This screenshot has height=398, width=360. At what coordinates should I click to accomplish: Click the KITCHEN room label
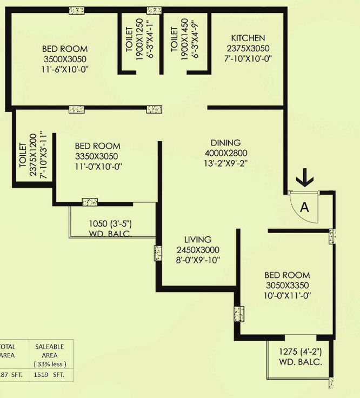(248, 38)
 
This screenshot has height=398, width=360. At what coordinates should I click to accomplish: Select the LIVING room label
(197, 240)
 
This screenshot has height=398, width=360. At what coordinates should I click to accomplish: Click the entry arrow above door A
(305, 178)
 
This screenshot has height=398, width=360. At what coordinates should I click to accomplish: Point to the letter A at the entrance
(304, 207)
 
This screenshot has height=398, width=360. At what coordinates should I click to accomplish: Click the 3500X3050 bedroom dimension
(64, 59)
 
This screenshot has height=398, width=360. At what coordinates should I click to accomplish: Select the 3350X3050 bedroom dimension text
(97, 157)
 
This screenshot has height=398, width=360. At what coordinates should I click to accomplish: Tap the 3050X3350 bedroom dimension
(287, 285)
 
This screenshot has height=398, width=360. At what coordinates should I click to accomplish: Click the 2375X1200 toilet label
(32, 160)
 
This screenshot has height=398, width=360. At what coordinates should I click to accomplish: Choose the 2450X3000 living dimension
(197, 250)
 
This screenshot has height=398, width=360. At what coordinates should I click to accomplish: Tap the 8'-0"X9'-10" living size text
(197, 260)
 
